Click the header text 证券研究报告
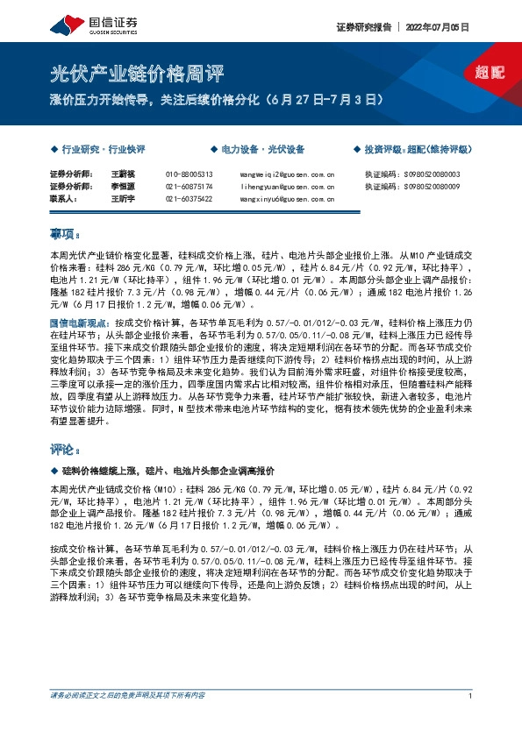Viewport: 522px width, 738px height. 362,26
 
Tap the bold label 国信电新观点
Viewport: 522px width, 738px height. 76,323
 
